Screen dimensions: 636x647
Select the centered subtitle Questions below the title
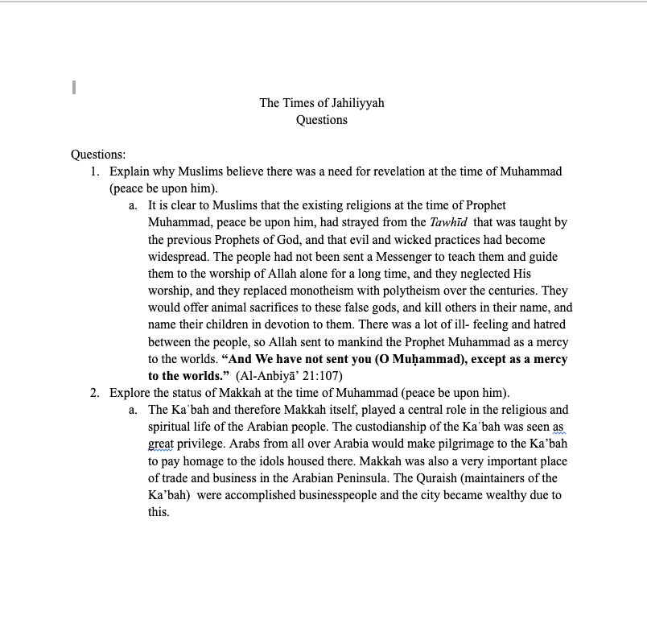point(322,120)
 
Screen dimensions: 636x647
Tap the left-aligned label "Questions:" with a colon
point(98,154)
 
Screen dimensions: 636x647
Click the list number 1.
point(94,171)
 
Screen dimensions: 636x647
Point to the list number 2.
point(94,393)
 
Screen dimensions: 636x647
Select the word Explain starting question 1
point(130,171)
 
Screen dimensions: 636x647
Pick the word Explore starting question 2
point(130,393)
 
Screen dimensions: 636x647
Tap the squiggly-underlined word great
point(161,444)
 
